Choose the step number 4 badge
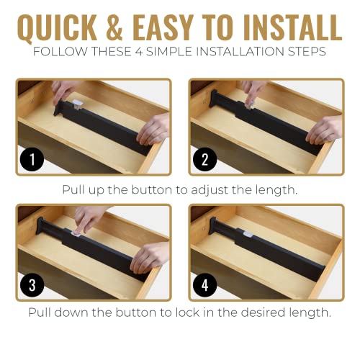[205, 285]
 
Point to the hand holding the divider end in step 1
[153, 130]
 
